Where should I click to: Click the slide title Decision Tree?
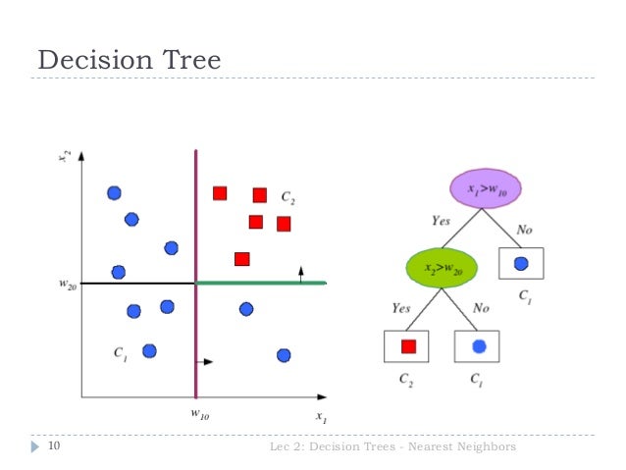[x=129, y=60]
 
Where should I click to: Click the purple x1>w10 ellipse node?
[x=484, y=187]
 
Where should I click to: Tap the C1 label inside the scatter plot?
[x=120, y=355]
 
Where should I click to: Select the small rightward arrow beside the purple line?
[x=205, y=361]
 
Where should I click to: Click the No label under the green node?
[x=481, y=308]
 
